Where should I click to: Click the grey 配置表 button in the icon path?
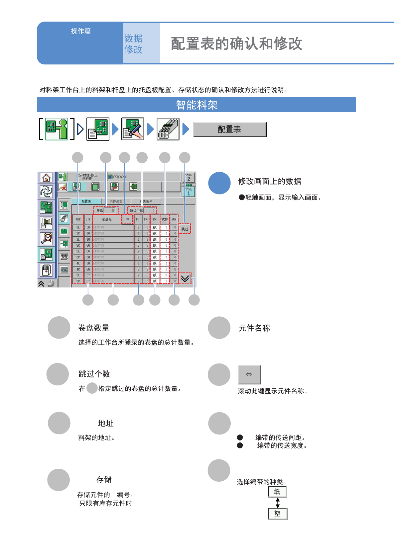click(x=230, y=129)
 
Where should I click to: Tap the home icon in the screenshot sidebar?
click(x=47, y=178)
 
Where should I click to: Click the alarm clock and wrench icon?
click(x=47, y=238)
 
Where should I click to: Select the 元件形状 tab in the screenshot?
click(x=116, y=201)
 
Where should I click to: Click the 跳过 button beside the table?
click(x=185, y=229)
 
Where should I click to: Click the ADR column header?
click(x=78, y=219)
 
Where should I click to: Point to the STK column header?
click(x=88, y=219)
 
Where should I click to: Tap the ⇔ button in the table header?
click(x=127, y=219)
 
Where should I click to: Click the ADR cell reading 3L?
click(x=78, y=251)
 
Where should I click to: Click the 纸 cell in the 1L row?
click(x=155, y=227)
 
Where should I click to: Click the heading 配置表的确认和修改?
click(x=236, y=44)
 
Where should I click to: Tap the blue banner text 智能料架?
click(x=197, y=105)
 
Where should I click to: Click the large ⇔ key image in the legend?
click(x=249, y=374)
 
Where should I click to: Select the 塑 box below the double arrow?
click(x=278, y=514)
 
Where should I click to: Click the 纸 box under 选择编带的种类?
click(x=277, y=492)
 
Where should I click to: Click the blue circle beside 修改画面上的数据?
click(x=219, y=183)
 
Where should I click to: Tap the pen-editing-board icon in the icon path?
click(x=133, y=129)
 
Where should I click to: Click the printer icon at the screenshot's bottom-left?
click(x=51, y=283)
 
